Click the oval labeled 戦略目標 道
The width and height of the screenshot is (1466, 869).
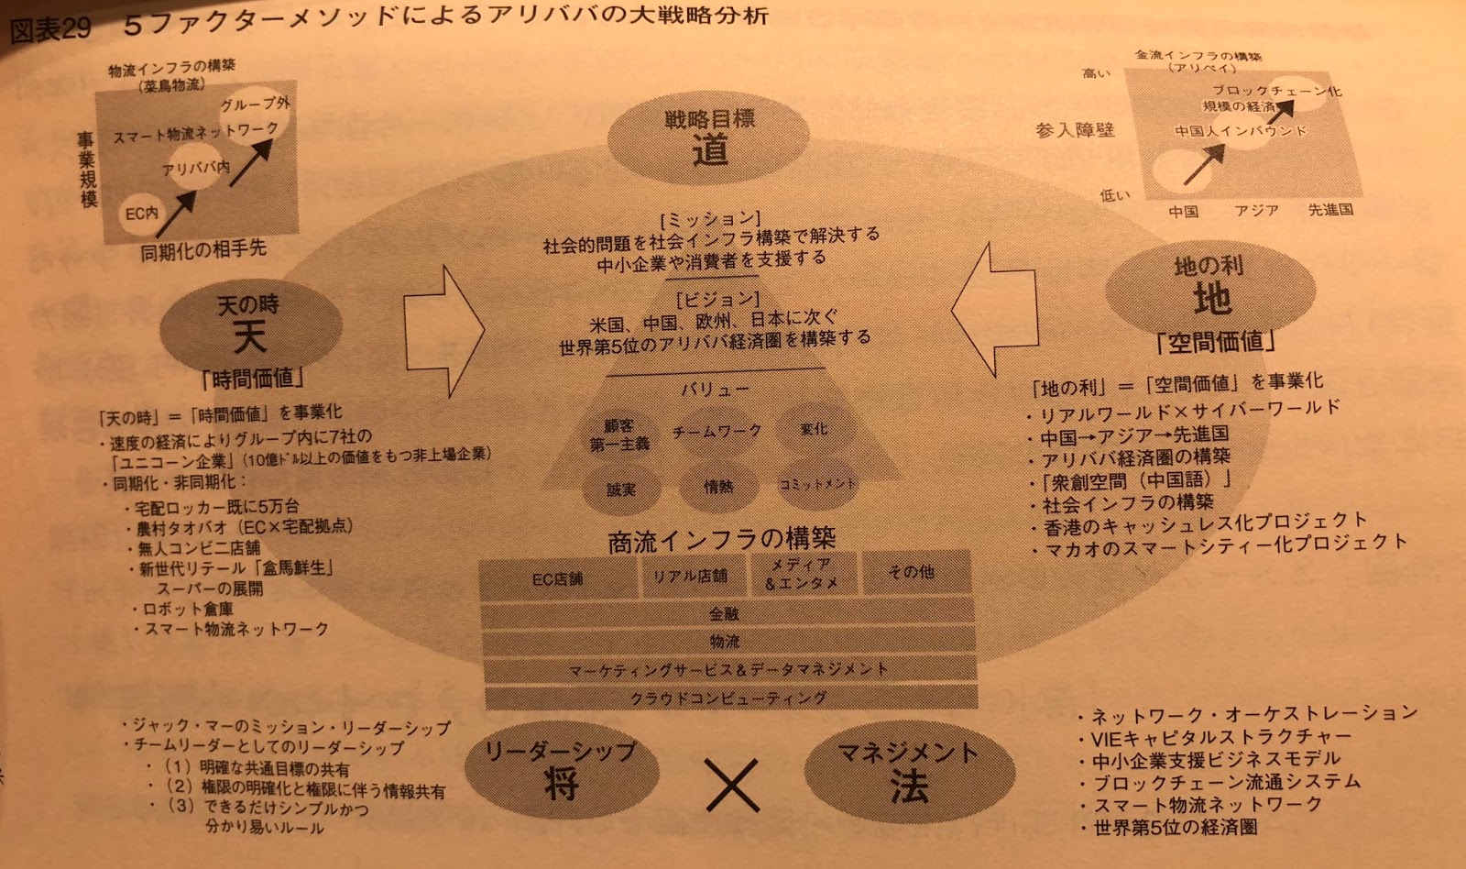[710, 137]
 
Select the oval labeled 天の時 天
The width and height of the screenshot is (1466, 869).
[250, 324]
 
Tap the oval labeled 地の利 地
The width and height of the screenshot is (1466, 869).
[1210, 289]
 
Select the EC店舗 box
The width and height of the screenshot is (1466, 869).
[557, 578]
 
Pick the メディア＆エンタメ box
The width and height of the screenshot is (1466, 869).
[801, 573]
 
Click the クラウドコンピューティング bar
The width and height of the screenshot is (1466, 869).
[728, 698]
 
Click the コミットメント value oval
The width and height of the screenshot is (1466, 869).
[815, 484]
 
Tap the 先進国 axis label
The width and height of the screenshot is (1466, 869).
[1330, 210]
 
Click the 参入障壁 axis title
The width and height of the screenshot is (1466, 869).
[1075, 130]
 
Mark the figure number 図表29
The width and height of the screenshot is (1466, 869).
[49, 29]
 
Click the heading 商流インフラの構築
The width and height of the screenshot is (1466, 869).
[722, 540]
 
